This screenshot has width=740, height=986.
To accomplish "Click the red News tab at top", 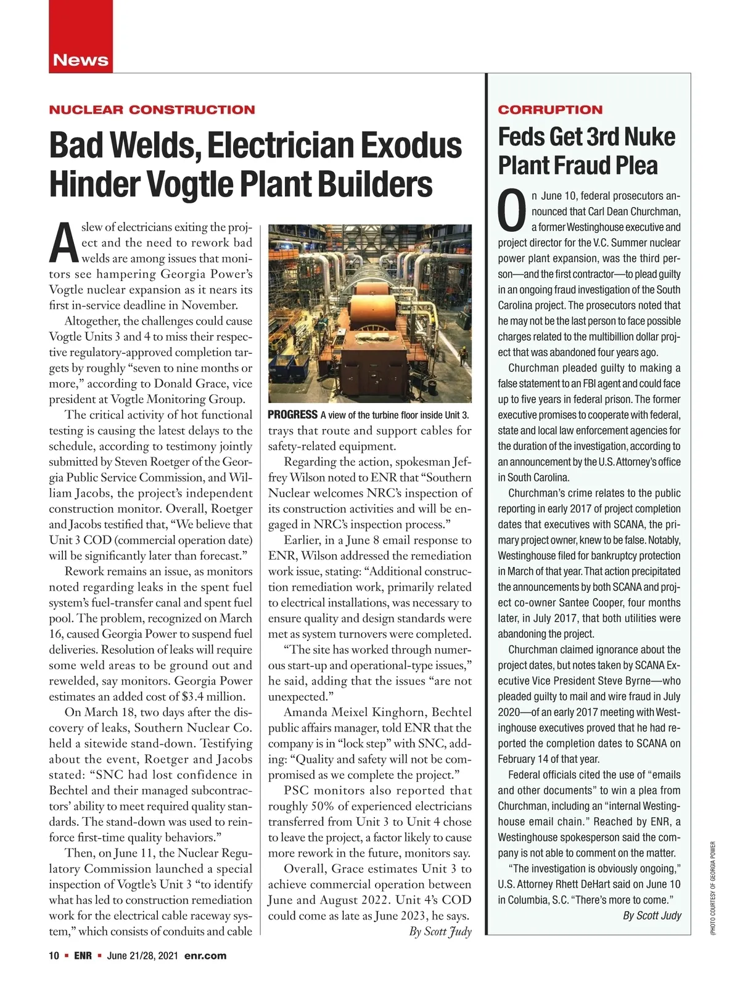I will tap(80, 60).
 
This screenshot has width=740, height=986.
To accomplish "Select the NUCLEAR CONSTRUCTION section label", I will tap(152, 110).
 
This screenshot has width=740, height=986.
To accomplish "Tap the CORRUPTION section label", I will tap(550, 110).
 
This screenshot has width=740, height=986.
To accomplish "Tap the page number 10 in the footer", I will tap(54, 956).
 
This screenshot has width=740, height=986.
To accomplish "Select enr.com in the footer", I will tap(205, 956).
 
